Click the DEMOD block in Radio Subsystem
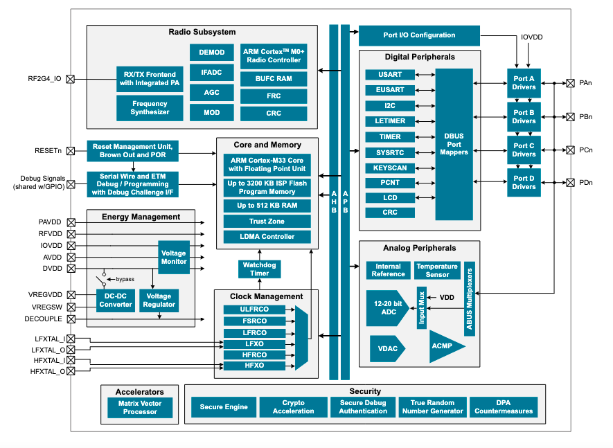click(x=211, y=52)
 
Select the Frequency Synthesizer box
click(x=150, y=108)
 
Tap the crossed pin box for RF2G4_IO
click(x=70, y=79)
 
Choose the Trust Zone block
click(x=267, y=222)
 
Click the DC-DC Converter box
click(x=115, y=301)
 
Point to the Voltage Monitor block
click(x=174, y=258)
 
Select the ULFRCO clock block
click(x=254, y=310)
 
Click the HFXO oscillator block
click(x=254, y=366)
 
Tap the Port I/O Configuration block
click(x=419, y=35)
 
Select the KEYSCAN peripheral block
click(x=390, y=168)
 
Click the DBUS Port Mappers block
click(x=454, y=143)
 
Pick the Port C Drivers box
click(x=524, y=150)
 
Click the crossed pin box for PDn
click(x=570, y=183)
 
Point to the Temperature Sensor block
click(x=436, y=270)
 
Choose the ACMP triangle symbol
click(x=443, y=346)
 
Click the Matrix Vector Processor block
click(x=141, y=407)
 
